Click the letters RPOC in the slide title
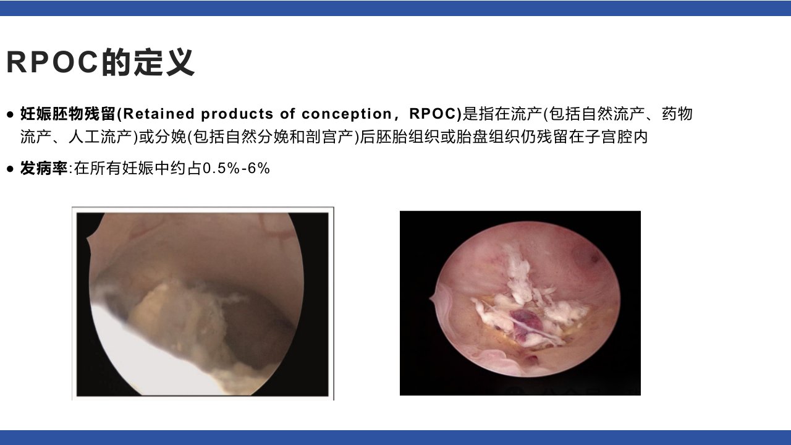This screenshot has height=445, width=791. coord(53,62)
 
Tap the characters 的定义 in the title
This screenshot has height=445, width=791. coord(148,62)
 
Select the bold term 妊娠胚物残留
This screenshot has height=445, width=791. coord(68,114)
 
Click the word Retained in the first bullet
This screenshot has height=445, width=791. coord(159,114)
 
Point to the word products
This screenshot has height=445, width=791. coord(237,114)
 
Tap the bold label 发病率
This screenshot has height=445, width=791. coord(44,167)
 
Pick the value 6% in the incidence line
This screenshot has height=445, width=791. coord(259,168)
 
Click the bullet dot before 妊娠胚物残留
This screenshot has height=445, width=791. coord(11,114)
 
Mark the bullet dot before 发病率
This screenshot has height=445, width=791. coord(11,169)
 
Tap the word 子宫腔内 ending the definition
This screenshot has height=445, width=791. coord(617,137)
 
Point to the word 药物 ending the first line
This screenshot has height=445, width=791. coord(677,114)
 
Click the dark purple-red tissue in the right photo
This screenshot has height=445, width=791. coord(526,322)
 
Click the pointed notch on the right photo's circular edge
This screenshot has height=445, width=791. coord(431,300)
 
